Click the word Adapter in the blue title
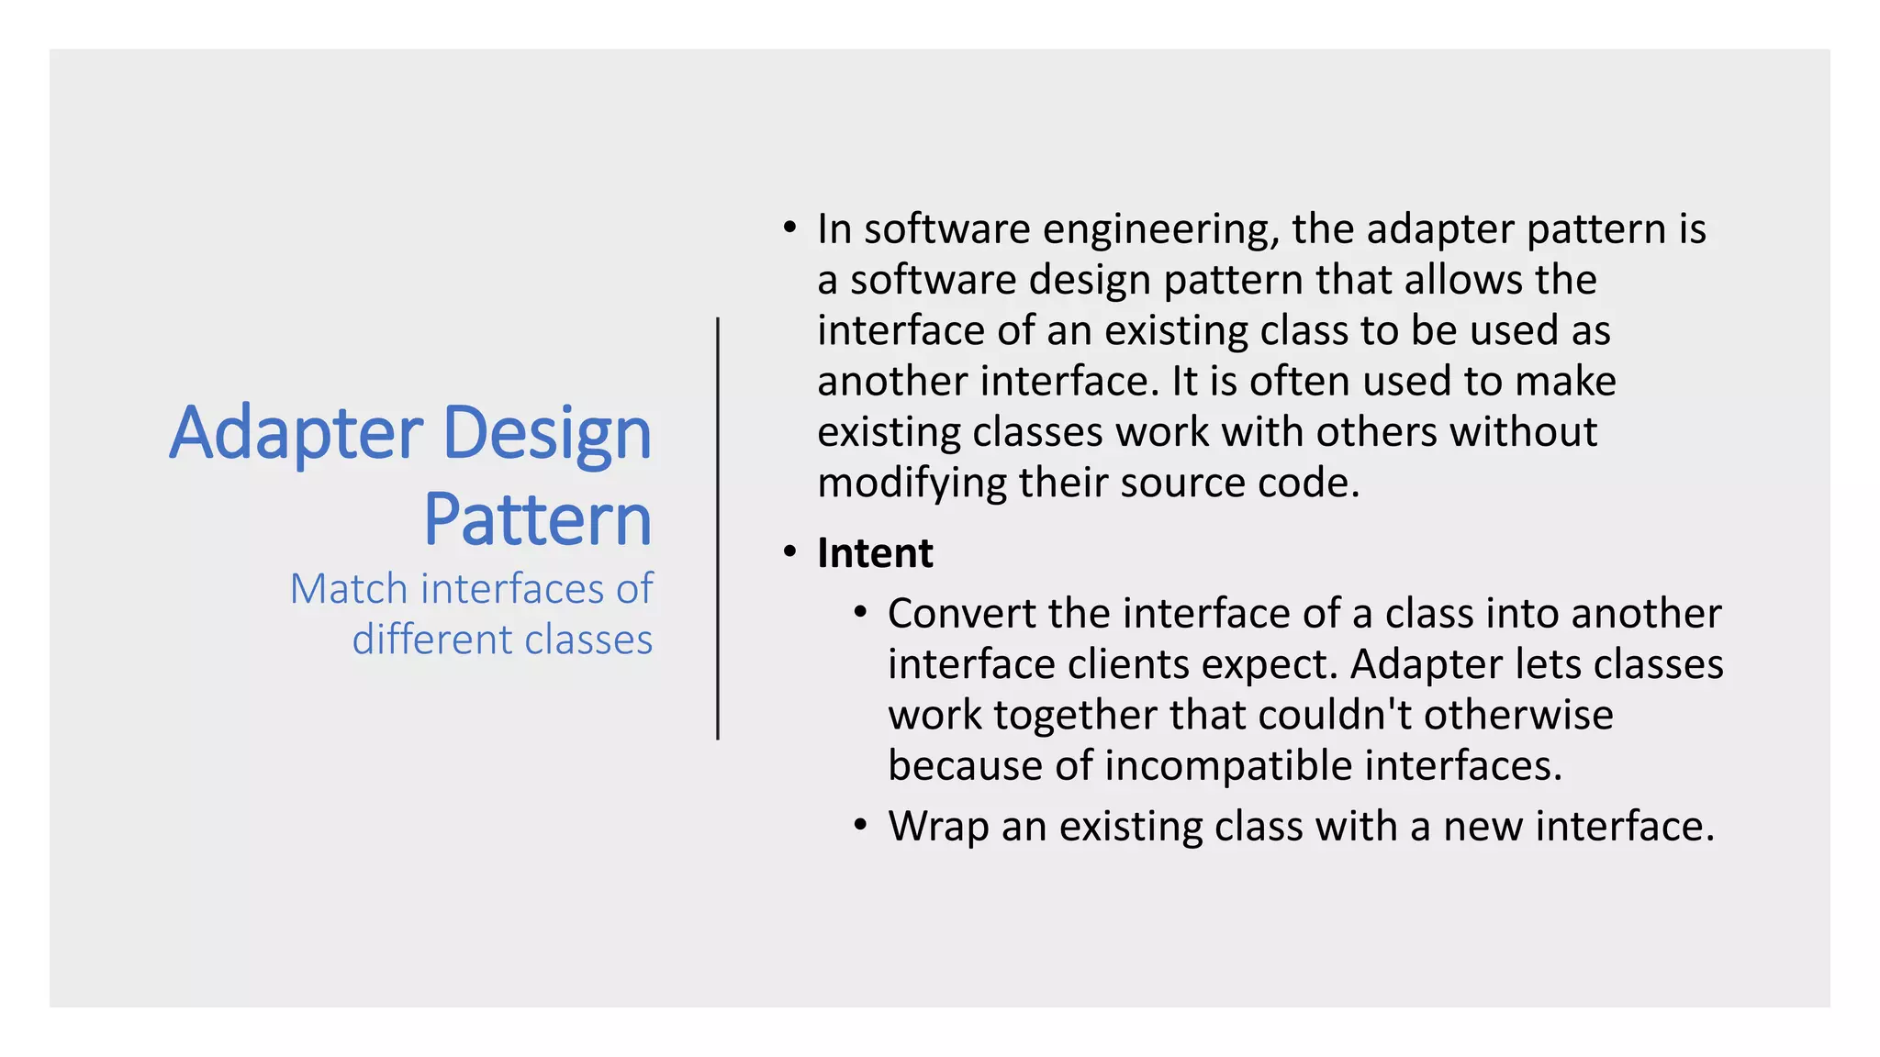(296, 434)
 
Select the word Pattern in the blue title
(537, 520)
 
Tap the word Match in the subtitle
(349, 589)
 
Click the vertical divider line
(718, 528)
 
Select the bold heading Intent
(875, 553)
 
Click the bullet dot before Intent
(789, 552)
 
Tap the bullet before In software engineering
(789, 228)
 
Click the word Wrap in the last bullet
(937, 827)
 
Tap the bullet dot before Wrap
(860, 825)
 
